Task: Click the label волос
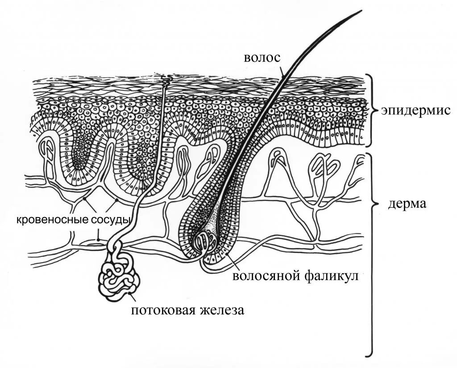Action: click(262, 58)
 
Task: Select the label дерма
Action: click(407, 204)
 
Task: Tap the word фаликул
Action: click(331, 276)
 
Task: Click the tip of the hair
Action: click(360, 11)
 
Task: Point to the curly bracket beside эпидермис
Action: click(370, 110)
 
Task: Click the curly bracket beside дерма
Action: click(370, 255)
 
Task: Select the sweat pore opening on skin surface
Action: click(166, 80)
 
